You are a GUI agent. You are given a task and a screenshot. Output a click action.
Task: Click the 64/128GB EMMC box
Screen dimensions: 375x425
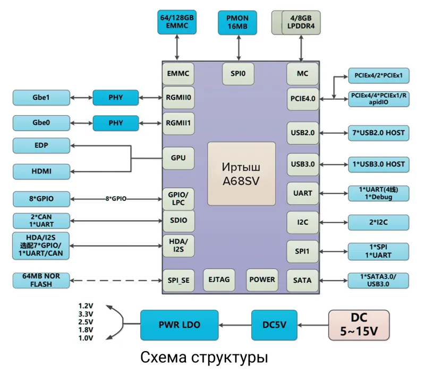pos(177,22)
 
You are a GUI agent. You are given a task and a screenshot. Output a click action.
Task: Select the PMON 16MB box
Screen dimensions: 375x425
pos(237,22)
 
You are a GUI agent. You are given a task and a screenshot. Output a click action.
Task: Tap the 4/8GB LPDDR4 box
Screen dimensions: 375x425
pos(301,22)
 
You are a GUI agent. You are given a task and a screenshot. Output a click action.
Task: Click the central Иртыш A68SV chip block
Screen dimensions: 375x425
pos(241,173)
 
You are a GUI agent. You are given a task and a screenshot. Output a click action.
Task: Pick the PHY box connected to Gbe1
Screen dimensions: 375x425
pos(115,98)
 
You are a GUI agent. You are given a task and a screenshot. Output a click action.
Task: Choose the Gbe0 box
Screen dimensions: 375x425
pos(41,123)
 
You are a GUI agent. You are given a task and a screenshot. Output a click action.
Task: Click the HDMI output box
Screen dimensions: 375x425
pos(41,171)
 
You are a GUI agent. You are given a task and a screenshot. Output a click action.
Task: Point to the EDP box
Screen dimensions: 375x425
pos(41,145)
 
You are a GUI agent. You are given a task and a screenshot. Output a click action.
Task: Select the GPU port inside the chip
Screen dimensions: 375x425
pos(178,158)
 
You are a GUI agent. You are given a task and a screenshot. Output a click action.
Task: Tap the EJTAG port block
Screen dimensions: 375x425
pos(219,280)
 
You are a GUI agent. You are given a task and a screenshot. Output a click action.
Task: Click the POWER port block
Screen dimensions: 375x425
pos(262,280)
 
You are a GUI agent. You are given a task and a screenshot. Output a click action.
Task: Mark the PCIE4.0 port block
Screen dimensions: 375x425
pos(303,98)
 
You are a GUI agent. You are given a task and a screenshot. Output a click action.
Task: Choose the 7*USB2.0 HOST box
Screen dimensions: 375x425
pos(378,132)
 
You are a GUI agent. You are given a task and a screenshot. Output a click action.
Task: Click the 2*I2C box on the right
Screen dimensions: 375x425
pos(378,222)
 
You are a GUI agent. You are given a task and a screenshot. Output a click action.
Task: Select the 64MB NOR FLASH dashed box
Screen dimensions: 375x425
pos(41,280)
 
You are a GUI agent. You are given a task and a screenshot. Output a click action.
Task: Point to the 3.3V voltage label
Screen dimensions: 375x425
pos(86,314)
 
